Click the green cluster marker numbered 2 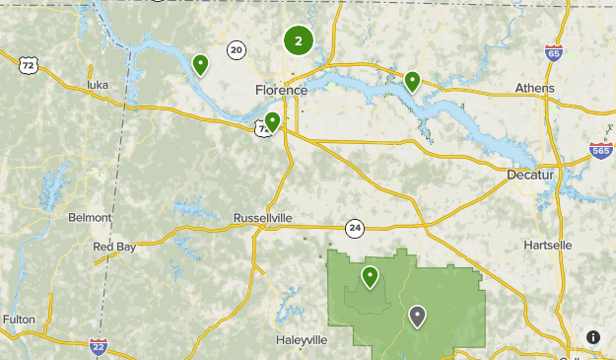(x=299, y=41)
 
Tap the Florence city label (x=281, y=90)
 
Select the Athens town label (x=534, y=88)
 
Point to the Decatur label (x=530, y=175)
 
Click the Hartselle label (x=547, y=244)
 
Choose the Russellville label (x=263, y=217)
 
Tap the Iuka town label (x=97, y=86)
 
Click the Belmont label (x=90, y=217)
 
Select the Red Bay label (x=114, y=247)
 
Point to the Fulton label (x=19, y=320)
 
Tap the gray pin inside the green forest (x=418, y=316)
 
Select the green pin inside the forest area (x=371, y=276)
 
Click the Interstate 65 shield (x=554, y=52)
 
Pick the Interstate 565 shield (x=601, y=151)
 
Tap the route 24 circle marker (x=355, y=229)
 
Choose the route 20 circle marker (x=236, y=49)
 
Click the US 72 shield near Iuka (x=29, y=66)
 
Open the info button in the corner (x=593, y=337)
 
